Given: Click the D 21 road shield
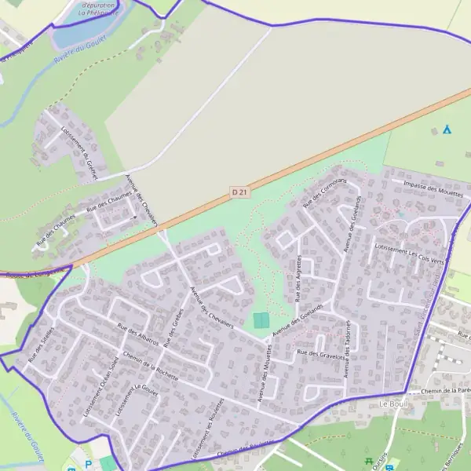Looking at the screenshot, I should coord(240,192).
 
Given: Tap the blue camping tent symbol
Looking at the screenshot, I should coord(447,129).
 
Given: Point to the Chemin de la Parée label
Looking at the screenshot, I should coord(445,390).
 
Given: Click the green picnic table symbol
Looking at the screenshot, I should coord(369,462).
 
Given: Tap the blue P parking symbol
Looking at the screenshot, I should coord(88,464).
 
